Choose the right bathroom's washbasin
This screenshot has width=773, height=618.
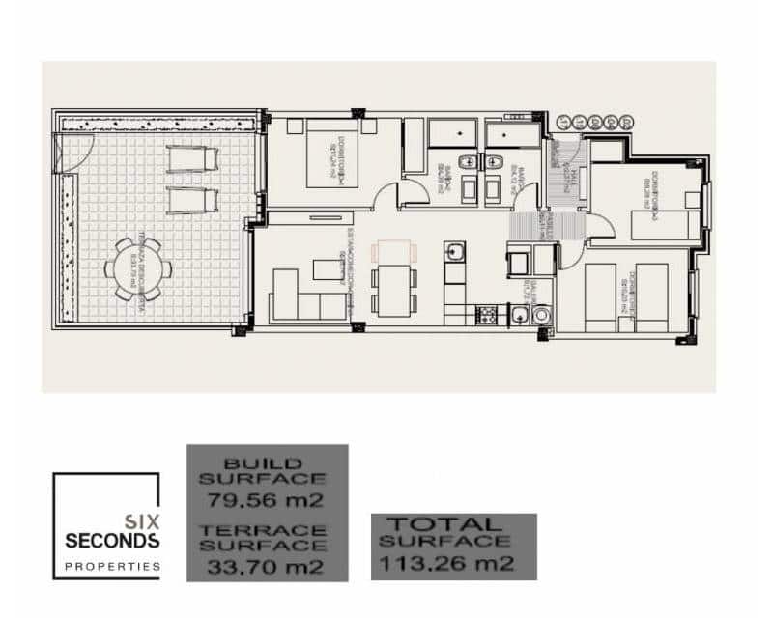tap(499, 160)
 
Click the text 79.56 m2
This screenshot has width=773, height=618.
tap(266, 499)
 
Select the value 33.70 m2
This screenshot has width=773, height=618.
tap(266, 565)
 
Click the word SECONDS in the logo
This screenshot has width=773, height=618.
tap(112, 540)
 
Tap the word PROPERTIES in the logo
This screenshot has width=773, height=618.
tap(112, 566)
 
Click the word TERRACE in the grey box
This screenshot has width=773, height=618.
tap(266, 530)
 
